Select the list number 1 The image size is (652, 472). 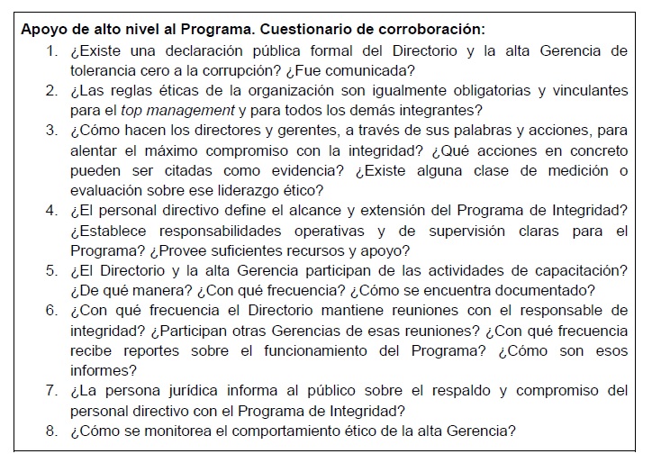pyautogui.click(x=51, y=50)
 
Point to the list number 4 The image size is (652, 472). pyautogui.click(x=51, y=211)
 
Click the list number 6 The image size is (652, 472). pyautogui.click(x=51, y=311)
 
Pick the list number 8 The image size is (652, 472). pyautogui.click(x=51, y=431)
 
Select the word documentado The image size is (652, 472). pyautogui.click(x=550, y=290)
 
